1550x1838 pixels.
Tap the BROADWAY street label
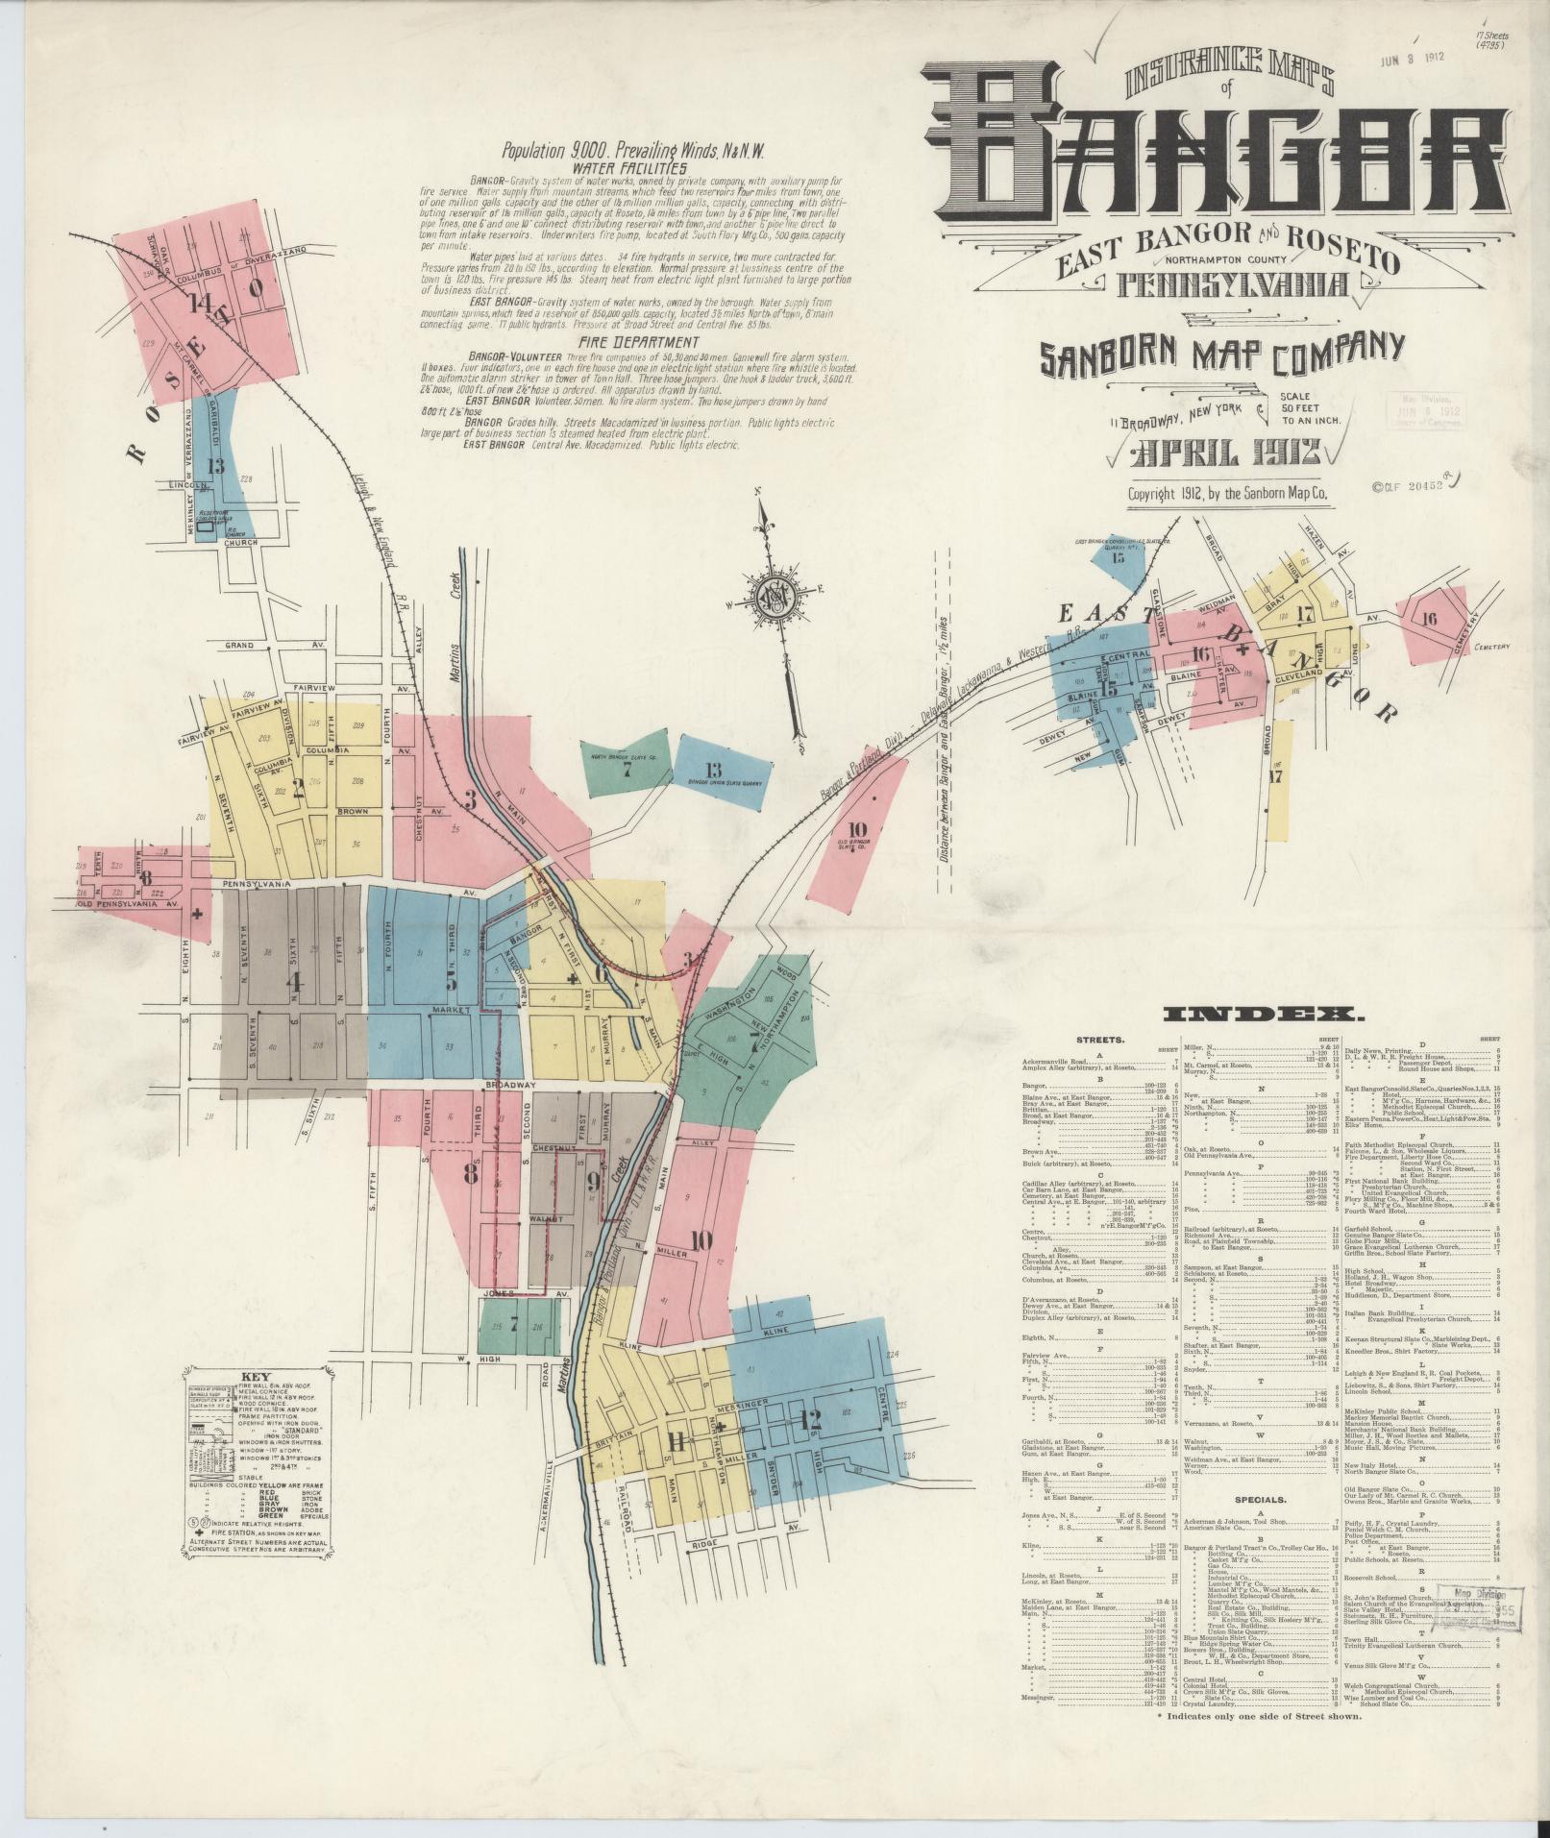click(509, 1085)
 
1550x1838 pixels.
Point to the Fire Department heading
click(638, 342)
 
